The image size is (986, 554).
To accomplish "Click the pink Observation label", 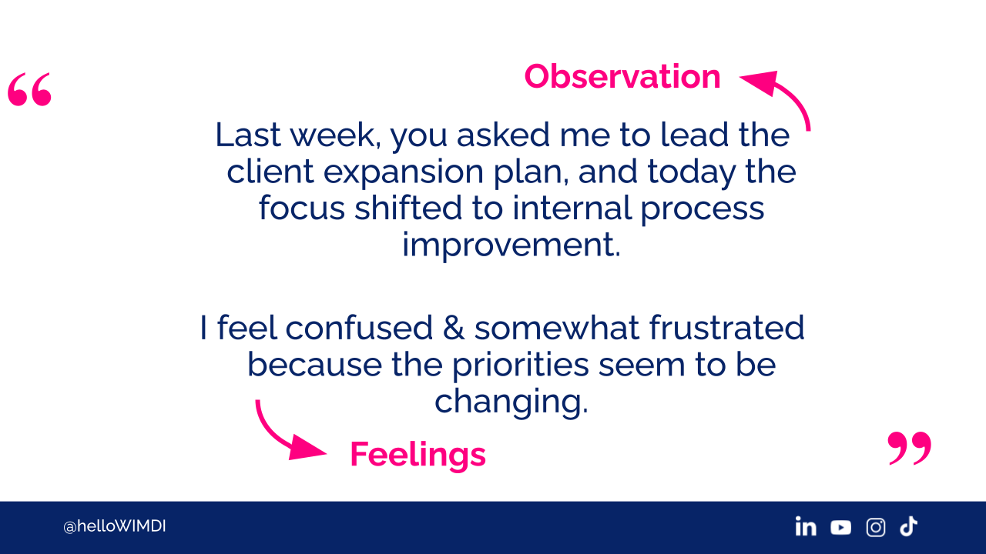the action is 622,77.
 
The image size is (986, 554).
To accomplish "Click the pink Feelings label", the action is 418,455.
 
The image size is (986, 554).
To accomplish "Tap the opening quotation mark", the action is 29,89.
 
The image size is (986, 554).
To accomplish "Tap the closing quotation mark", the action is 910,448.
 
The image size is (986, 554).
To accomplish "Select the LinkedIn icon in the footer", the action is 806,527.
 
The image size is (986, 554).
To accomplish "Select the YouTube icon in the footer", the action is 840,527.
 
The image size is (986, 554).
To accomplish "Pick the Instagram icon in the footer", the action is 876,527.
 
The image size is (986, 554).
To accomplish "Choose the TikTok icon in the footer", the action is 908,526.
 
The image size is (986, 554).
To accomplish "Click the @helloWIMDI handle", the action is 115,526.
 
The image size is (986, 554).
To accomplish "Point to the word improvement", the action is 511,245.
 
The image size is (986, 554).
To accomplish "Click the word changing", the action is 511,402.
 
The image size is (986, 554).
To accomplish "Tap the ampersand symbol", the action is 454,328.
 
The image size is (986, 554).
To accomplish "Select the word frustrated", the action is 726,328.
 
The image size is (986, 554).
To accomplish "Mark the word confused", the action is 359,328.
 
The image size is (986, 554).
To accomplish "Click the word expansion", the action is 404,172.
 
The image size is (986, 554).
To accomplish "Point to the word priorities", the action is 520,365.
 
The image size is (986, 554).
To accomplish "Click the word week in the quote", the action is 332,135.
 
